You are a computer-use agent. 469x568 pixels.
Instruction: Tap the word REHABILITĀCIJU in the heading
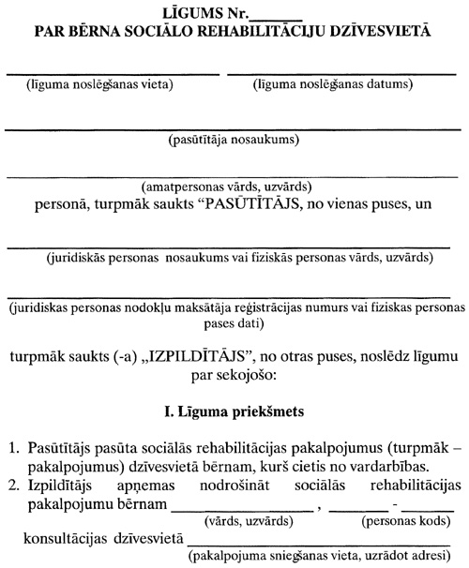point(271,30)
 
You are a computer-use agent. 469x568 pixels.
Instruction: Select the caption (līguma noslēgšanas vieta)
point(97,86)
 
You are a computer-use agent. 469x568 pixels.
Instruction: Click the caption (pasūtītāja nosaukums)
point(233,142)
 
